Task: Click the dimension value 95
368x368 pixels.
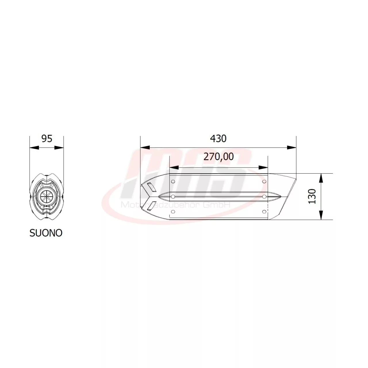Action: click(x=47, y=139)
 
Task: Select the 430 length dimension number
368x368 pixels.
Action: click(x=218, y=139)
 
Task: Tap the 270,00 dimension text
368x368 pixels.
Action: click(x=218, y=157)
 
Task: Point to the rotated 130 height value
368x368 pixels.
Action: click(x=312, y=197)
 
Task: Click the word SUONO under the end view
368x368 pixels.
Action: click(x=46, y=233)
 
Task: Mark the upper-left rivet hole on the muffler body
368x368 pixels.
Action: click(x=173, y=181)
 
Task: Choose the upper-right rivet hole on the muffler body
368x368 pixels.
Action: click(x=264, y=181)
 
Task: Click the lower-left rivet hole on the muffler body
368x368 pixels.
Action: click(x=173, y=212)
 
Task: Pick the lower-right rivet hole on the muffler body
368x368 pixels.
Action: click(x=264, y=212)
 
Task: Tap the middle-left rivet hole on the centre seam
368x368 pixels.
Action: click(x=173, y=197)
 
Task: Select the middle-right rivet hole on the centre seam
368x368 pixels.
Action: click(x=264, y=197)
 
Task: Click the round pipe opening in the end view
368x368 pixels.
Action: click(x=46, y=197)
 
